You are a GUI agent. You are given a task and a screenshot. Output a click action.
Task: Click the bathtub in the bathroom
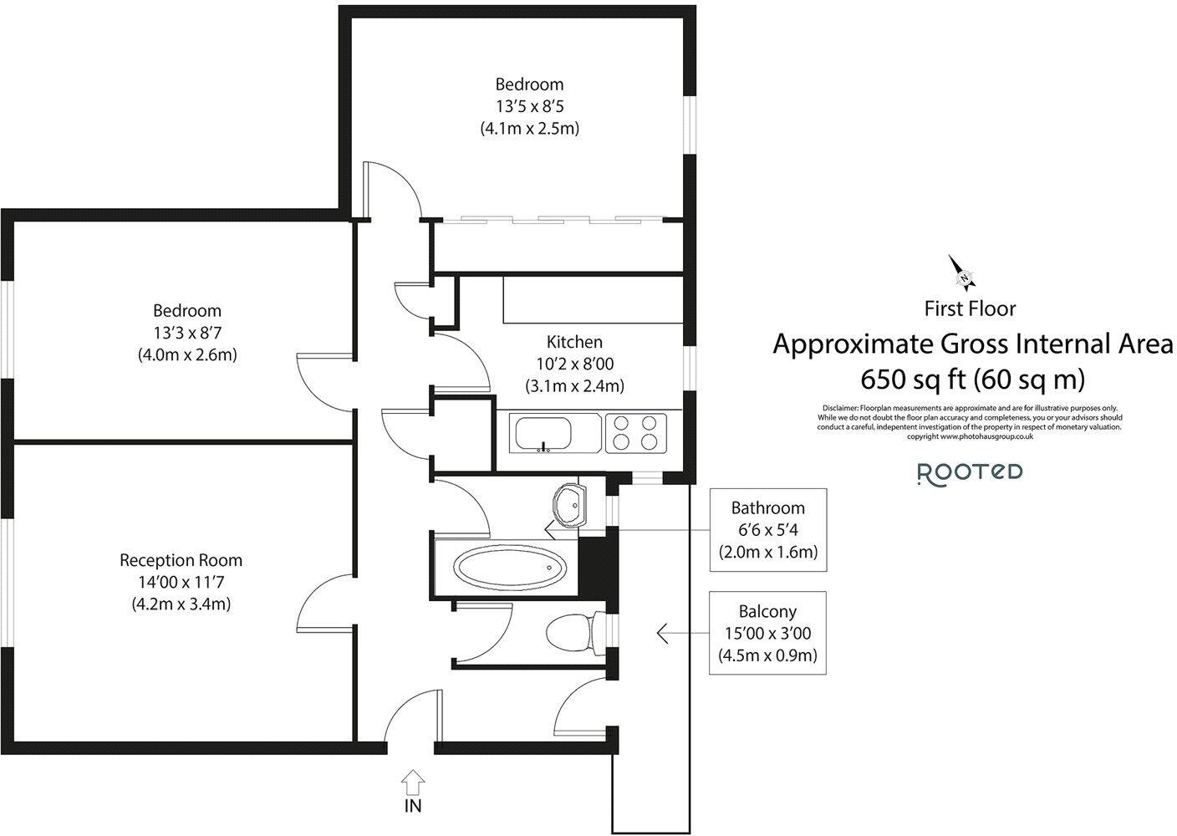pyautogui.click(x=507, y=568)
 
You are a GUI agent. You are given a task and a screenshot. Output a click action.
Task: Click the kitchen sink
pyautogui.click(x=544, y=433)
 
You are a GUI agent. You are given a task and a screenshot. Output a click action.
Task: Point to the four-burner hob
pyautogui.click(x=634, y=432)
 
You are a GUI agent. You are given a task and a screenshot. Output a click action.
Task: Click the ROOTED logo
pyautogui.click(x=970, y=472)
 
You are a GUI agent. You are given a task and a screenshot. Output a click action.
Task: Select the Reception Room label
pyautogui.click(x=181, y=560)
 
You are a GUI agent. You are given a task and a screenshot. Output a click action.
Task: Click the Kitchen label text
pyautogui.click(x=574, y=342)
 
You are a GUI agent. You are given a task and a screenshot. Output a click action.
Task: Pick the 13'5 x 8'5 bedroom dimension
pyautogui.click(x=529, y=106)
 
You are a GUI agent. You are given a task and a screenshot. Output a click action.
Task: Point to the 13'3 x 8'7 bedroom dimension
pyautogui.click(x=187, y=333)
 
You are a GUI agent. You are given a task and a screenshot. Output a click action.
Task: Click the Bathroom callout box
pyautogui.click(x=767, y=530)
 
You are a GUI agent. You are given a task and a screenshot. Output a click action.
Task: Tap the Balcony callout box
pyautogui.click(x=767, y=634)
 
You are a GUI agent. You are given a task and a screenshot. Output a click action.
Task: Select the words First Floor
pyautogui.click(x=970, y=308)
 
